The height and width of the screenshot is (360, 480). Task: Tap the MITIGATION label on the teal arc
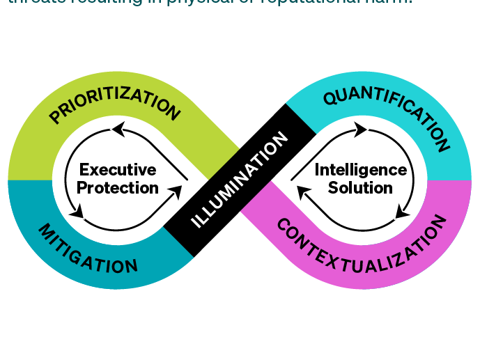[87, 249]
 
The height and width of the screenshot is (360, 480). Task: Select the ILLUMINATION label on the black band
[239, 180]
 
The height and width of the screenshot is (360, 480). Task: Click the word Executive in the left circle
[118, 170]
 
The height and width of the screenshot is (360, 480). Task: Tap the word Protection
[118, 188]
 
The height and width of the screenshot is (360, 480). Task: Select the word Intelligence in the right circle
[360, 170]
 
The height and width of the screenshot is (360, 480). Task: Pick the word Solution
[360, 188]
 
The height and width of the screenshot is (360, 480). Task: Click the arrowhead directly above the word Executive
[119, 129]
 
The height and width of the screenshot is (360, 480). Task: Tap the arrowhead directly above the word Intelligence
[359, 129]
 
